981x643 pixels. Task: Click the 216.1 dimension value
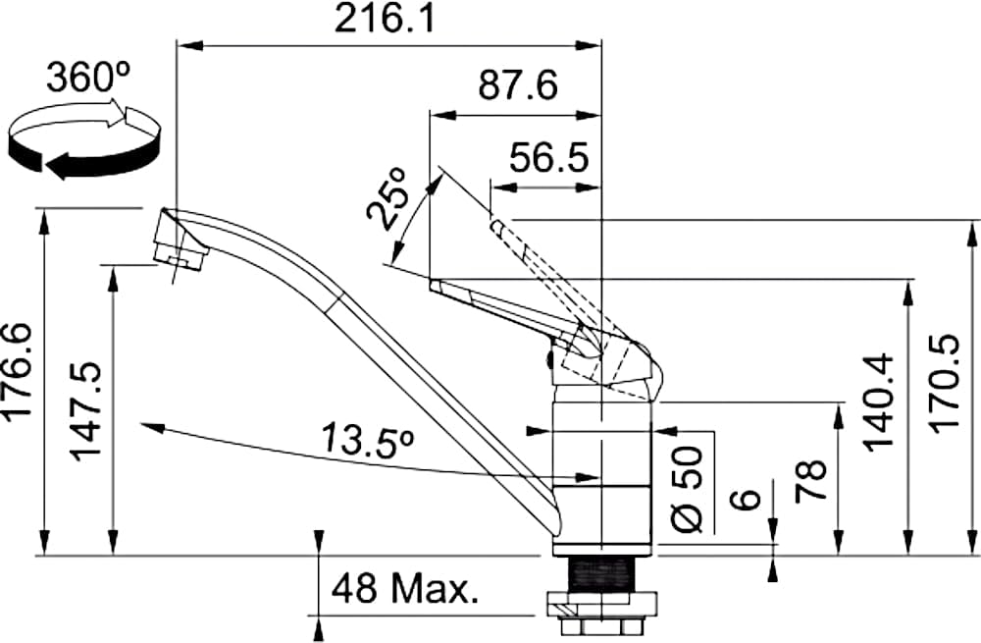[385, 20]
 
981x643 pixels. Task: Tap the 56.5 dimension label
[548, 158]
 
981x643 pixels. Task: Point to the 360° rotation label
[88, 78]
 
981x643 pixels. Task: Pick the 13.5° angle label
[368, 440]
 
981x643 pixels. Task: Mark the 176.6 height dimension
[20, 370]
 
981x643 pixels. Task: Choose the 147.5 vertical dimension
[85, 411]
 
